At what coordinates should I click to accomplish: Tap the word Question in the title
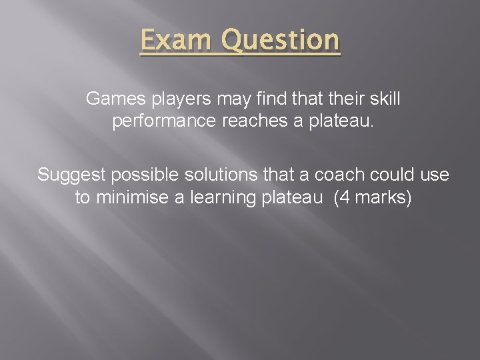click(x=281, y=41)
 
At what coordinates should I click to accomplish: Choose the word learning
click(x=215, y=199)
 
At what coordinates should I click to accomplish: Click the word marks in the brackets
click(x=381, y=199)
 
